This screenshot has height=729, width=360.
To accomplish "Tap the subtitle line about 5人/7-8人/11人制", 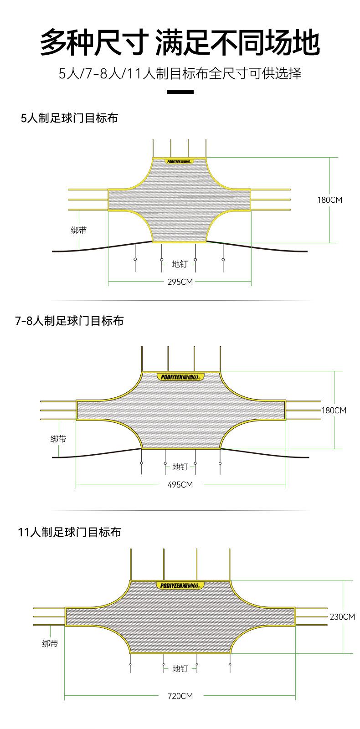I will click(x=180, y=73).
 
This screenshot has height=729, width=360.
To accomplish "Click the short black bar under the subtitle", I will click(x=180, y=92).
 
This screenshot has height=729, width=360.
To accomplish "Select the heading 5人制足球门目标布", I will click(x=69, y=118).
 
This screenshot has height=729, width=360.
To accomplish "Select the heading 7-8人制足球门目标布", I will click(x=69, y=321).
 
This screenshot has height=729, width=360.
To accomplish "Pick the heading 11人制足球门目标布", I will click(x=69, y=532).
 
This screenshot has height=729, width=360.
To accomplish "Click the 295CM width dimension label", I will click(x=180, y=282).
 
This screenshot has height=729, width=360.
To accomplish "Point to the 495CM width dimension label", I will click(x=180, y=484).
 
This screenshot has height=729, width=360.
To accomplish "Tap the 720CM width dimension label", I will click(x=180, y=696).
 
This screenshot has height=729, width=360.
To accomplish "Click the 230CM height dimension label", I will click(x=342, y=617).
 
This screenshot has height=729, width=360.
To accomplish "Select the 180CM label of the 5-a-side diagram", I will click(x=329, y=200).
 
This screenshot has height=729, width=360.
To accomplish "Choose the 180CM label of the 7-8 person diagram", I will click(x=334, y=411).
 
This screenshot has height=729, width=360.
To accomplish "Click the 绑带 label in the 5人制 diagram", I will click(x=78, y=231).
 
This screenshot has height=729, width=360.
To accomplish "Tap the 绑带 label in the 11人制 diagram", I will click(x=50, y=644).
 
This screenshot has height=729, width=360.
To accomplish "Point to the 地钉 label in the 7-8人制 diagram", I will click(x=180, y=467).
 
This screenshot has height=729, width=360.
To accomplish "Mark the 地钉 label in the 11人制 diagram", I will click(x=180, y=668).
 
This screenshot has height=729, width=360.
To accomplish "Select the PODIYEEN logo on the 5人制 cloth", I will click(x=180, y=161).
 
